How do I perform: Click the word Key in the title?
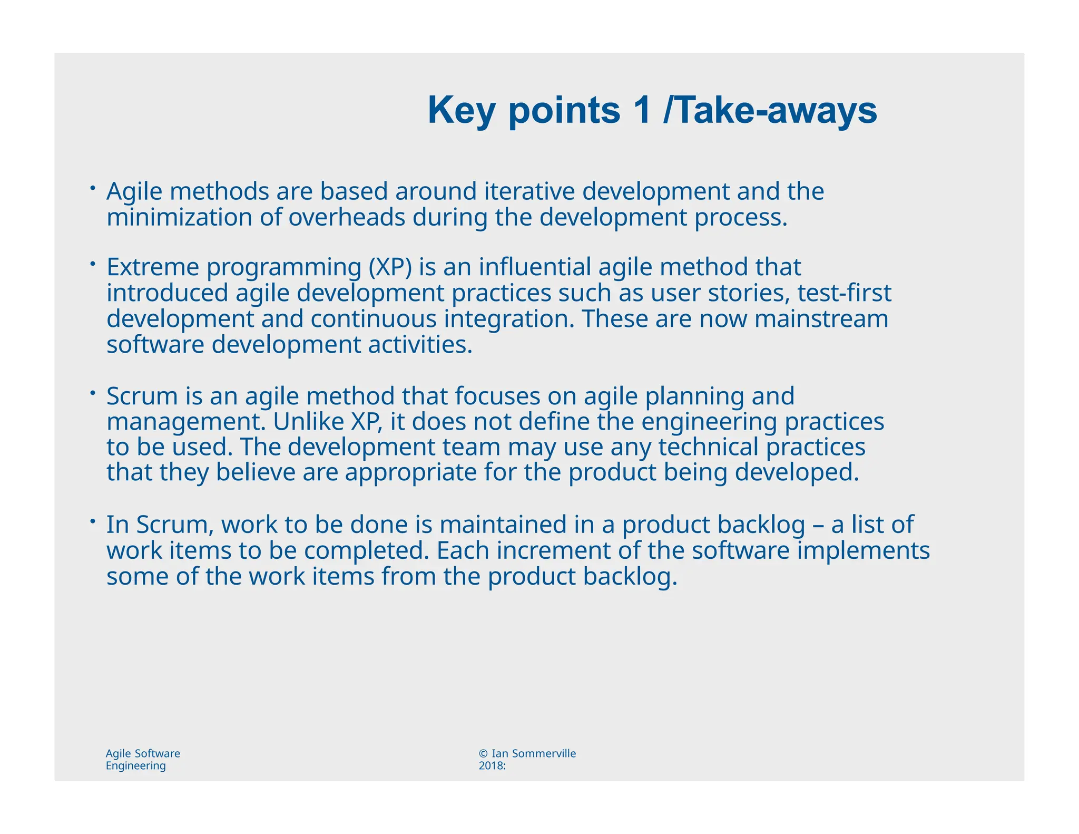coord(462,111)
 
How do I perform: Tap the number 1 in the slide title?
coord(642,111)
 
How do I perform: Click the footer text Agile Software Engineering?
coord(143,760)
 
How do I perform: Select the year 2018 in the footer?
coord(491,766)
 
